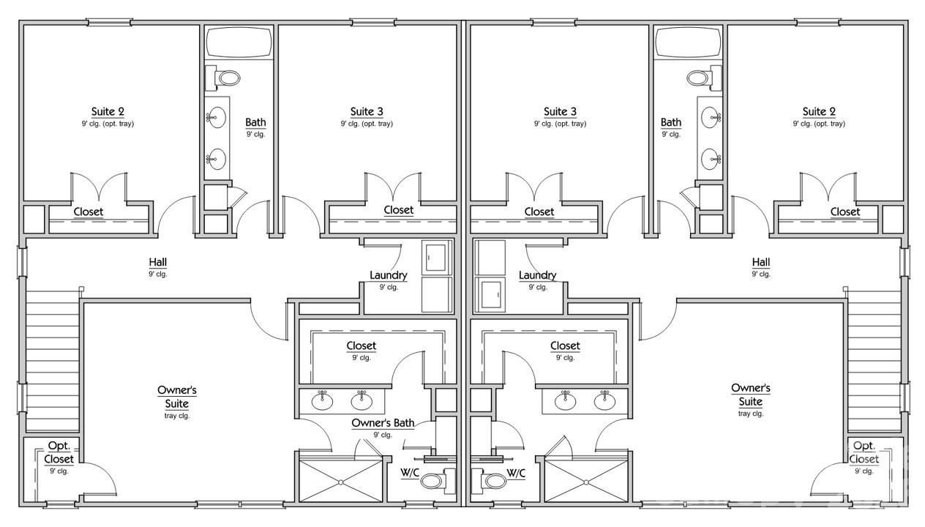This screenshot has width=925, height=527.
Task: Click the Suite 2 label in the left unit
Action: coord(108,112)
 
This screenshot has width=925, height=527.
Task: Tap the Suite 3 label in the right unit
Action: coord(560,112)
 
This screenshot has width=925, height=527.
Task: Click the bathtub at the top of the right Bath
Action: coord(688,43)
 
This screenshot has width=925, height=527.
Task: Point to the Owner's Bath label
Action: coord(383,423)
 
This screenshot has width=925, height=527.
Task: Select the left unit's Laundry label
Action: coord(389,275)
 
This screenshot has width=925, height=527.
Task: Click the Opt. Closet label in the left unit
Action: coord(59,452)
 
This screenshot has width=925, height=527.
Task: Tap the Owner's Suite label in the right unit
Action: coord(751,395)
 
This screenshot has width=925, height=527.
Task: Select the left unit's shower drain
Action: coord(341,482)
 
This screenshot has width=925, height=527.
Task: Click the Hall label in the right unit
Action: coord(761,262)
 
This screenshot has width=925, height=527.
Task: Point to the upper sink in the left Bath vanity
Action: coord(217,116)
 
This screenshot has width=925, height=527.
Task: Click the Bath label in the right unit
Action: coord(670,122)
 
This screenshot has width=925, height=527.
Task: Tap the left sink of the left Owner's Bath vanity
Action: coord(323,400)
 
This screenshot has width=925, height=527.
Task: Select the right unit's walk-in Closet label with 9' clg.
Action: coord(565,345)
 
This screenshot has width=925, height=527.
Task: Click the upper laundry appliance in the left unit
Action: coord(437,257)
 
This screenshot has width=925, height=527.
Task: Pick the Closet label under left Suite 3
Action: coord(398,210)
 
